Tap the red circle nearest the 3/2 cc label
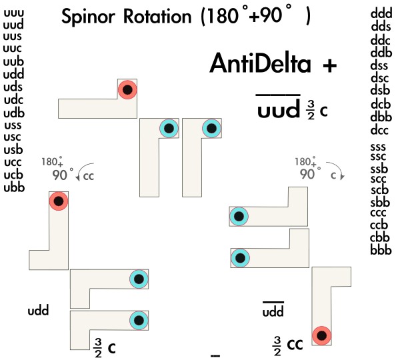[321, 335]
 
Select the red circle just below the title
[127, 89]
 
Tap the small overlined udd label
[272, 311]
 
